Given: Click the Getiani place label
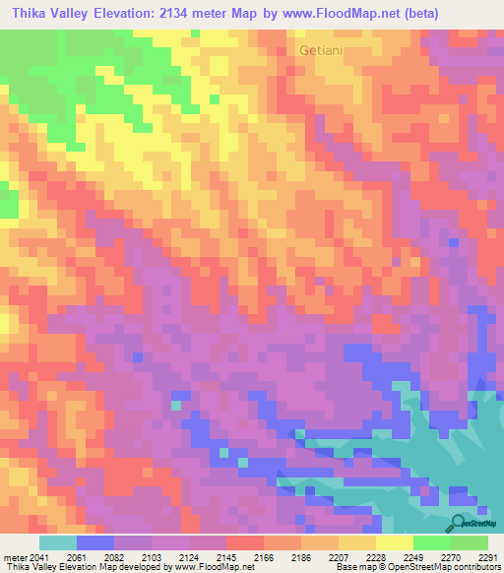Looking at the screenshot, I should [319, 48].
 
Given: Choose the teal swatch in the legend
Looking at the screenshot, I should [57, 542].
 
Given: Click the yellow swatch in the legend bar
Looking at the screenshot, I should [394, 542].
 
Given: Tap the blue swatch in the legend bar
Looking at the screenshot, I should [94, 542].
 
